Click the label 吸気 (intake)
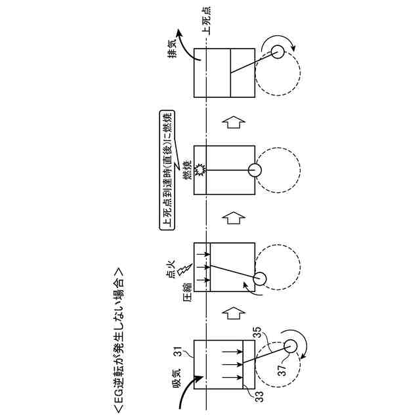tap(178, 383)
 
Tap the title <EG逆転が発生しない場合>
tap(118, 337)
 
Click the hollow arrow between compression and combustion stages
tap(230, 216)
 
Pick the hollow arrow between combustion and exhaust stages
tap(230, 121)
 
